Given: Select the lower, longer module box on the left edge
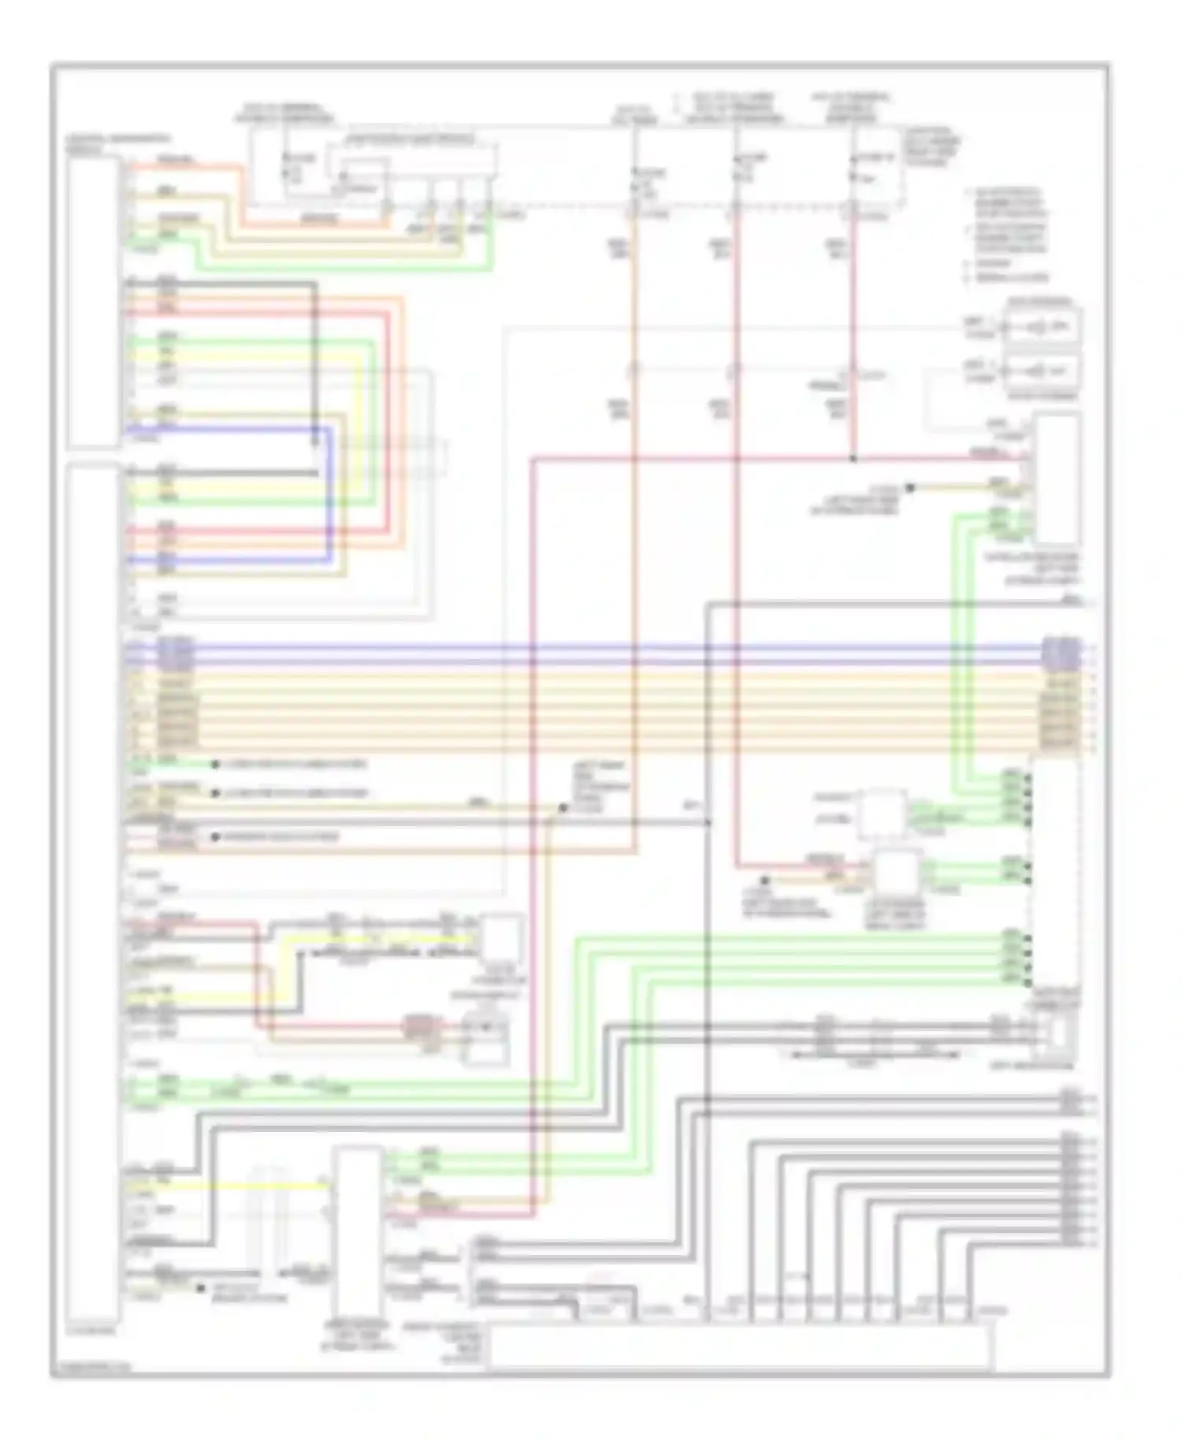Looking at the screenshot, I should click(94, 891).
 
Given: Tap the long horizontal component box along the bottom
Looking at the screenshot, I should click(739, 1346).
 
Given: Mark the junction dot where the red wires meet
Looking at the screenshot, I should click(853, 458).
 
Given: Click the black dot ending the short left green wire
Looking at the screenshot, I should click(215, 764).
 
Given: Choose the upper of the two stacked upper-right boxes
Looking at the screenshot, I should click(1042, 326).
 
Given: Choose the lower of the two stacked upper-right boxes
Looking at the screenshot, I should click(1042, 370).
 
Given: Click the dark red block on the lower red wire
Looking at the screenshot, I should click(422, 1026).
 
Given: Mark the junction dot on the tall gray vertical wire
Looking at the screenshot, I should click(707, 822).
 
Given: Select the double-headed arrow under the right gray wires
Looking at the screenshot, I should click(875, 1053).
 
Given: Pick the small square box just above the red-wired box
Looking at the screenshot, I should click(881, 814).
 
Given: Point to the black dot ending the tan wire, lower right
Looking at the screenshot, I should click(763, 881).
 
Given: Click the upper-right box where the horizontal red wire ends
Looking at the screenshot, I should click(1057, 478).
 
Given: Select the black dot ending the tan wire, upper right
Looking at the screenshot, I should click(909, 488).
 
